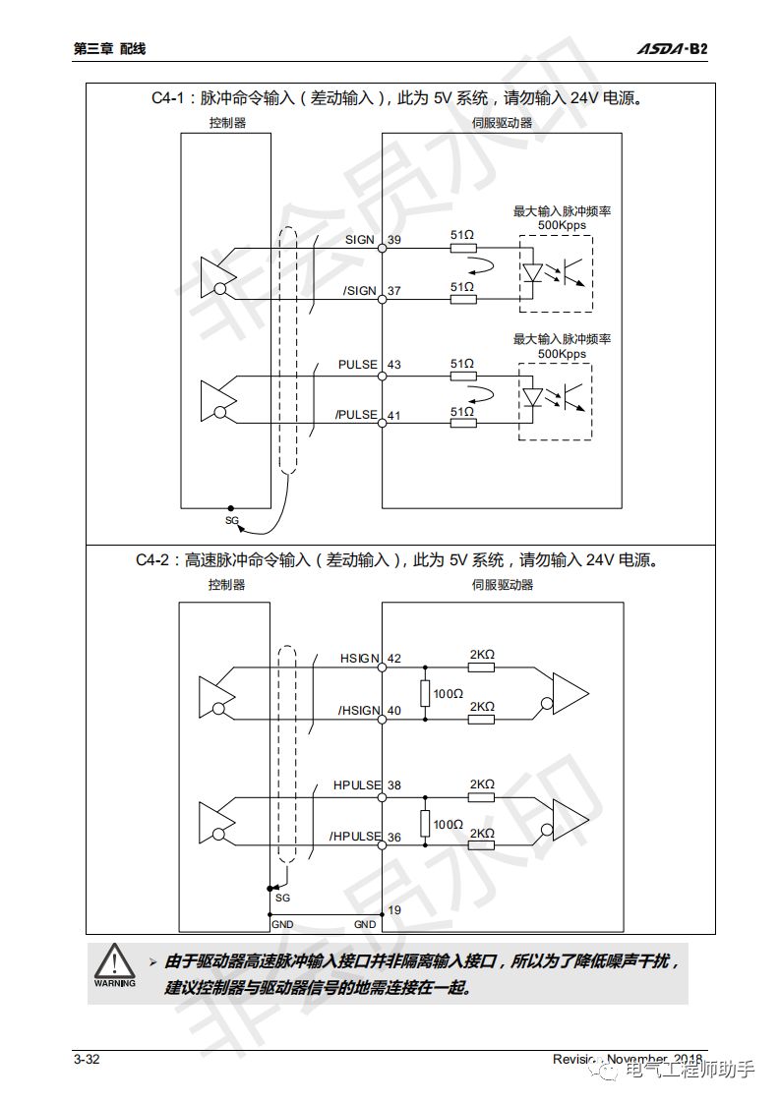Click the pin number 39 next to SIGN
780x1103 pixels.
[394, 240]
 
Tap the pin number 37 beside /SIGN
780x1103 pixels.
[394, 291]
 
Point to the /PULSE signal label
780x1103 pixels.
[356, 415]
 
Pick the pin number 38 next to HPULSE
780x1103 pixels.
[394, 785]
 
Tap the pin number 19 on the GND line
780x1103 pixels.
[394, 910]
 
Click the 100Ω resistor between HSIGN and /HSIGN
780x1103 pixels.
[425, 693]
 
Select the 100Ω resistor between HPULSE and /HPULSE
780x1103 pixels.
[425, 823]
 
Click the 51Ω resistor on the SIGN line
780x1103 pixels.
[462, 248]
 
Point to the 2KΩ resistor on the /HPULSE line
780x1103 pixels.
[481, 846]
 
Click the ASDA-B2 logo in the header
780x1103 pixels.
[671, 48]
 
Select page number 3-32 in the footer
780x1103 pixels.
[87, 1059]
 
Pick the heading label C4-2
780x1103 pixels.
[155, 560]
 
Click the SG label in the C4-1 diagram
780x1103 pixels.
[232, 520]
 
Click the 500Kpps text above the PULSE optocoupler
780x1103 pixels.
[562, 354]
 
